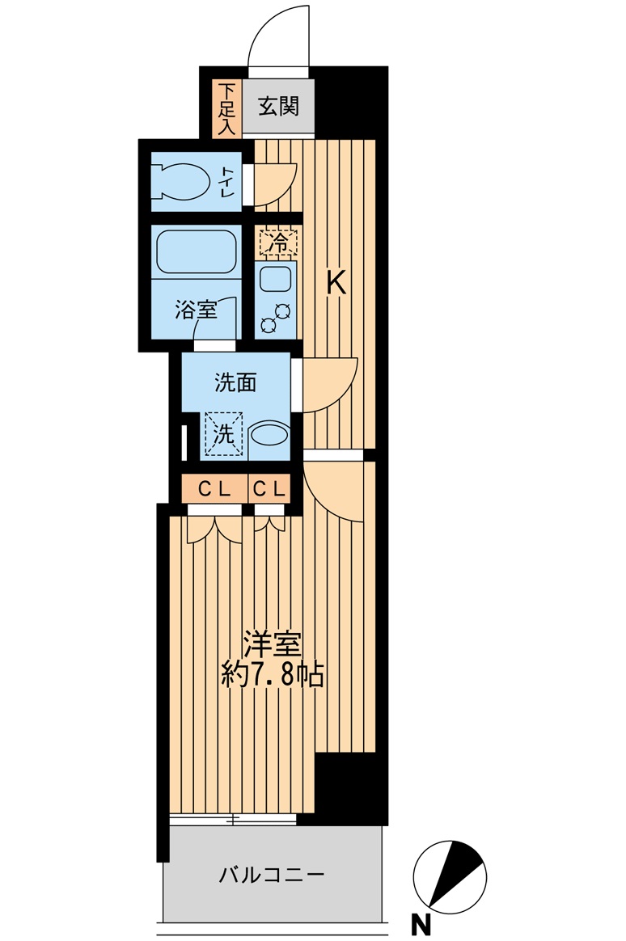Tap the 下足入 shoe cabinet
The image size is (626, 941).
coord(226,108)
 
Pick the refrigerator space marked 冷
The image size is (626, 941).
coord(278,243)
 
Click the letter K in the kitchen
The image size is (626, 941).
coord(336,283)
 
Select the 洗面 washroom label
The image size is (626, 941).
coord(236,382)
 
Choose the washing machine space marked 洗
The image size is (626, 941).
coord(224,434)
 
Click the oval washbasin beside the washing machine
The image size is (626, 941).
coord(269,433)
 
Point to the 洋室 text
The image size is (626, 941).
coord(272,645)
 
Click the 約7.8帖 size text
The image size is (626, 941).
coord(273,676)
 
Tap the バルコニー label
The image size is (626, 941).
coord(271,875)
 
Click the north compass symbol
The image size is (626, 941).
coord(450,877)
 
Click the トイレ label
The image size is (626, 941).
coord(227,181)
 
